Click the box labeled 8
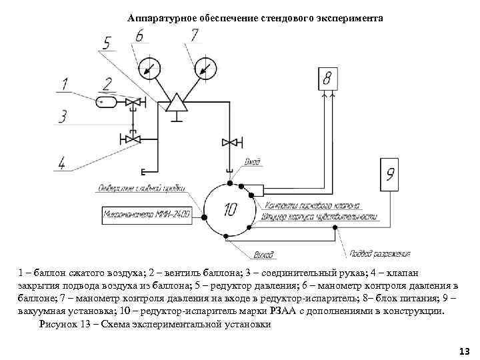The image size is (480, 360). click(327, 80)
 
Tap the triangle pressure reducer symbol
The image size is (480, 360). click(177, 102)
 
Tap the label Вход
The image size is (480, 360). click(253, 161)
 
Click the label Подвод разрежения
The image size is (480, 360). click(378, 255)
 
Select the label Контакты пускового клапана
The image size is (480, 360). click(312, 205)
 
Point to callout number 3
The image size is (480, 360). click(62, 117)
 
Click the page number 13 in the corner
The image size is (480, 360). click(464, 351)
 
